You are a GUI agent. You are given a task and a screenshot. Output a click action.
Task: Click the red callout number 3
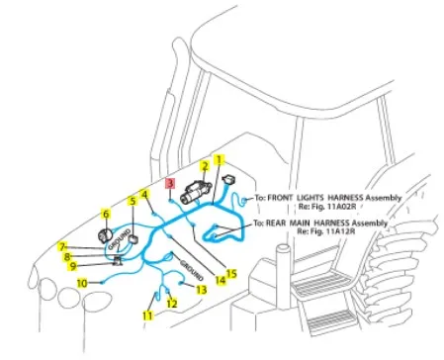(x=170, y=183)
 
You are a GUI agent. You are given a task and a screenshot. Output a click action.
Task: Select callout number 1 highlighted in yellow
(x=219, y=160)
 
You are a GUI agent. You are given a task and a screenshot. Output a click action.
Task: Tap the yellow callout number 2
(x=205, y=166)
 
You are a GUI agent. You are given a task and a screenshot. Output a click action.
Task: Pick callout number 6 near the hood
(x=106, y=214)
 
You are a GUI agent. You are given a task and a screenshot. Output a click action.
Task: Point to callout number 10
(x=82, y=283)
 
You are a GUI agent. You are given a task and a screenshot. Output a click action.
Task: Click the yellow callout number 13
(x=202, y=290)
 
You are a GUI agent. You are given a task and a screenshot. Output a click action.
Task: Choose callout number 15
(x=231, y=274)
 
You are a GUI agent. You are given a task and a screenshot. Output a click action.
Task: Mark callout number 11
(x=148, y=315)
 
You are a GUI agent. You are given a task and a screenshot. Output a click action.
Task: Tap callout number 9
(x=73, y=266)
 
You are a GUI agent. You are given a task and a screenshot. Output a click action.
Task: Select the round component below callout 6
(x=105, y=235)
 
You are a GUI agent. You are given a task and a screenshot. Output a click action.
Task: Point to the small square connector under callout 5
(x=133, y=239)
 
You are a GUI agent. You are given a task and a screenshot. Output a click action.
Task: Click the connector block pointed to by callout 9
(x=118, y=261)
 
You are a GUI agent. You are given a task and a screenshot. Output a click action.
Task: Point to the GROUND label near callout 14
(x=191, y=270)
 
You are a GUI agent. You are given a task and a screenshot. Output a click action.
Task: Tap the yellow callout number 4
(x=144, y=195)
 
